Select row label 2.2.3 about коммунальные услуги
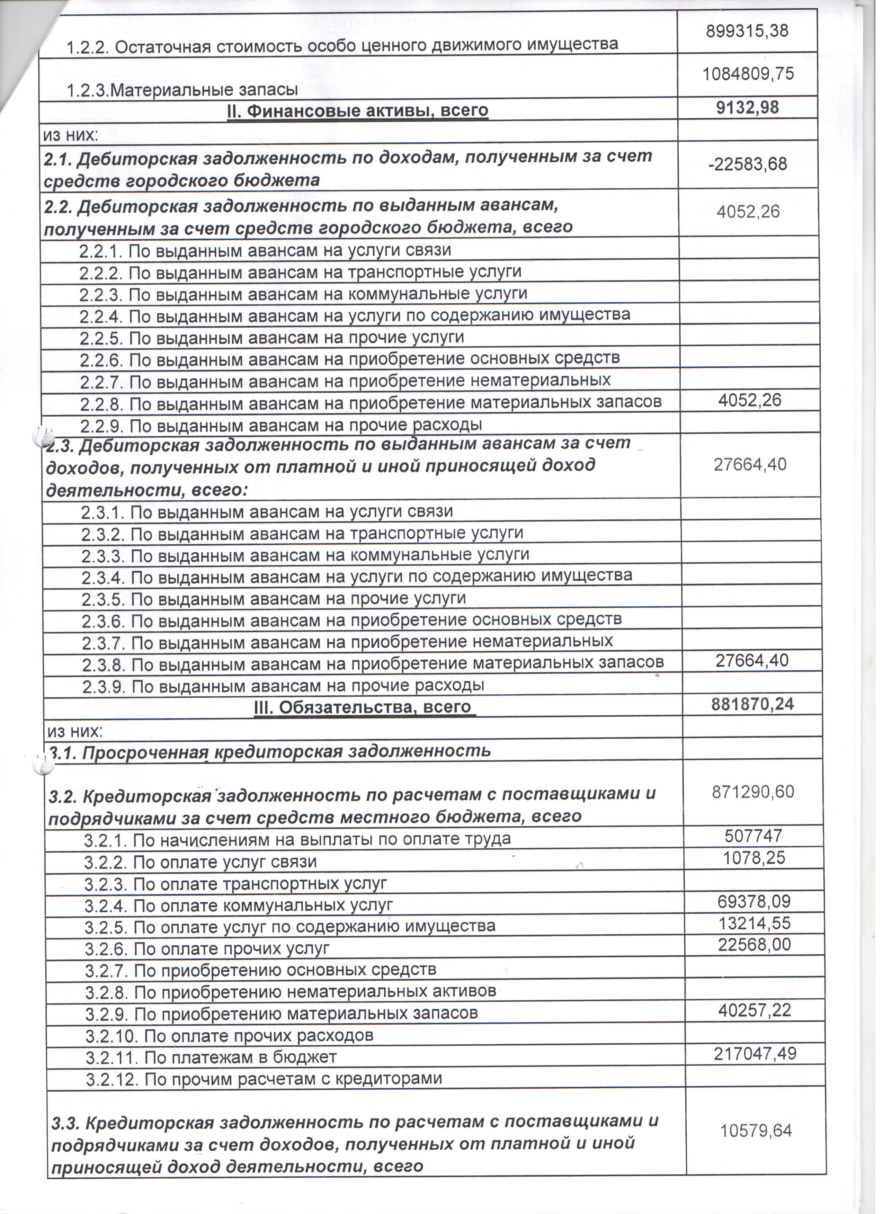(x=303, y=294)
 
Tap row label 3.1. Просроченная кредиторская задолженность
(x=270, y=751)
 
